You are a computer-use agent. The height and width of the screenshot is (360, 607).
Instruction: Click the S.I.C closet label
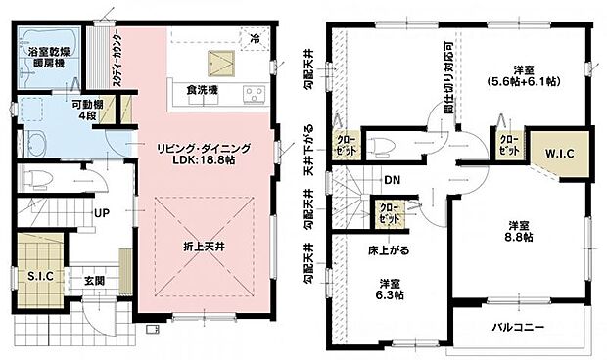coord(41,277)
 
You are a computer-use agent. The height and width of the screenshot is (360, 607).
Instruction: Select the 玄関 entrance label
coord(94,281)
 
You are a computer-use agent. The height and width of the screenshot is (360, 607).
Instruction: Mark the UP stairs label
coord(102,211)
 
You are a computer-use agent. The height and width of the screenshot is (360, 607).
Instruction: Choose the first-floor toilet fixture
coord(35,178)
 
